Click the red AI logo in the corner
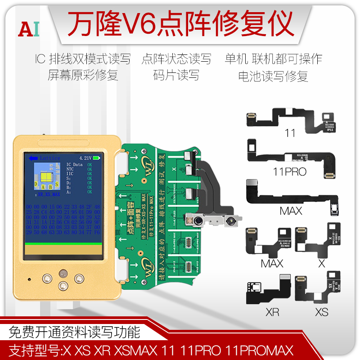[x=29, y=28]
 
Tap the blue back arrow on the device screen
[x=32, y=158]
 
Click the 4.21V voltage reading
[x=85, y=158]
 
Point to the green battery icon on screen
[x=98, y=158]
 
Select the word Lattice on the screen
[x=50, y=158]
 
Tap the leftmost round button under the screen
[x=46, y=278]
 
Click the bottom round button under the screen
[x=63, y=285]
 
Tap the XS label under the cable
[x=321, y=312]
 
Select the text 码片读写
[x=176, y=75]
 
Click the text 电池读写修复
[x=273, y=76]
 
